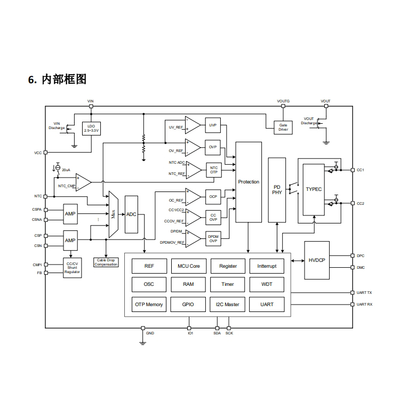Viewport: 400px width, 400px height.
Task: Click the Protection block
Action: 249,182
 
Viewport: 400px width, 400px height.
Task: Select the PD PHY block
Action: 277,190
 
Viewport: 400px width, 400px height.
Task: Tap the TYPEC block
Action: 314,189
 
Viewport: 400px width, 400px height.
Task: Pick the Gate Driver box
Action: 283,127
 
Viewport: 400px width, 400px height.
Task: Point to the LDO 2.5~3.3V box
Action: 91,128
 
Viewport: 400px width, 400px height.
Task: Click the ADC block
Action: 131,214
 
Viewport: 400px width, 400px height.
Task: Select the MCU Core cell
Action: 188,266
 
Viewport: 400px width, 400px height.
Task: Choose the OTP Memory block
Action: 149,305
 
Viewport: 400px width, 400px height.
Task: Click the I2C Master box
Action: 228,305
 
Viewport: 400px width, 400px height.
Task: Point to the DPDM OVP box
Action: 213,238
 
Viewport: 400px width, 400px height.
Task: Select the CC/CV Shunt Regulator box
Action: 72,268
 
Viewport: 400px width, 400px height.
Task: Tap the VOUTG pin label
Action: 283,101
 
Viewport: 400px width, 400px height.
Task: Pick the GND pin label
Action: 150,333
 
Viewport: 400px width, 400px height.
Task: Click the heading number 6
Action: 32,80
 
